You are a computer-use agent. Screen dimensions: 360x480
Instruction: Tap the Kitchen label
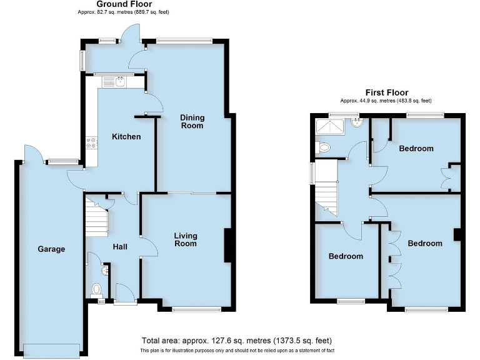coord(126,136)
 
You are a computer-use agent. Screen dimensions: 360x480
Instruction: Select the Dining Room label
coord(192,121)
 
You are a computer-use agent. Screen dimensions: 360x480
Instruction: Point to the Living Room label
coord(186,239)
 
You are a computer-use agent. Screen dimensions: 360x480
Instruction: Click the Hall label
coord(120,247)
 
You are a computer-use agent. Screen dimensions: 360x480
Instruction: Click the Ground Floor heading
coord(132,4)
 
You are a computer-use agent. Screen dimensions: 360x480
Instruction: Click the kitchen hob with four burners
coord(92,144)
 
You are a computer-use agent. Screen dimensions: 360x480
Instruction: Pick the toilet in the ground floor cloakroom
coord(96,289)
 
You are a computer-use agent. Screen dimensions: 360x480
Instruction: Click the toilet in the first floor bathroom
coord(323,147)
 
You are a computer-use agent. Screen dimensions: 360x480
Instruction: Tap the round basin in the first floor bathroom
coord(357,122)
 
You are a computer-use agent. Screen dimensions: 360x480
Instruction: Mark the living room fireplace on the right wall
coord(229,245)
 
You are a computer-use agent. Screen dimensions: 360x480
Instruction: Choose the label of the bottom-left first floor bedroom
coord(346,256)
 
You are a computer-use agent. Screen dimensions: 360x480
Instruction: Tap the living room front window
coord(197,309)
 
